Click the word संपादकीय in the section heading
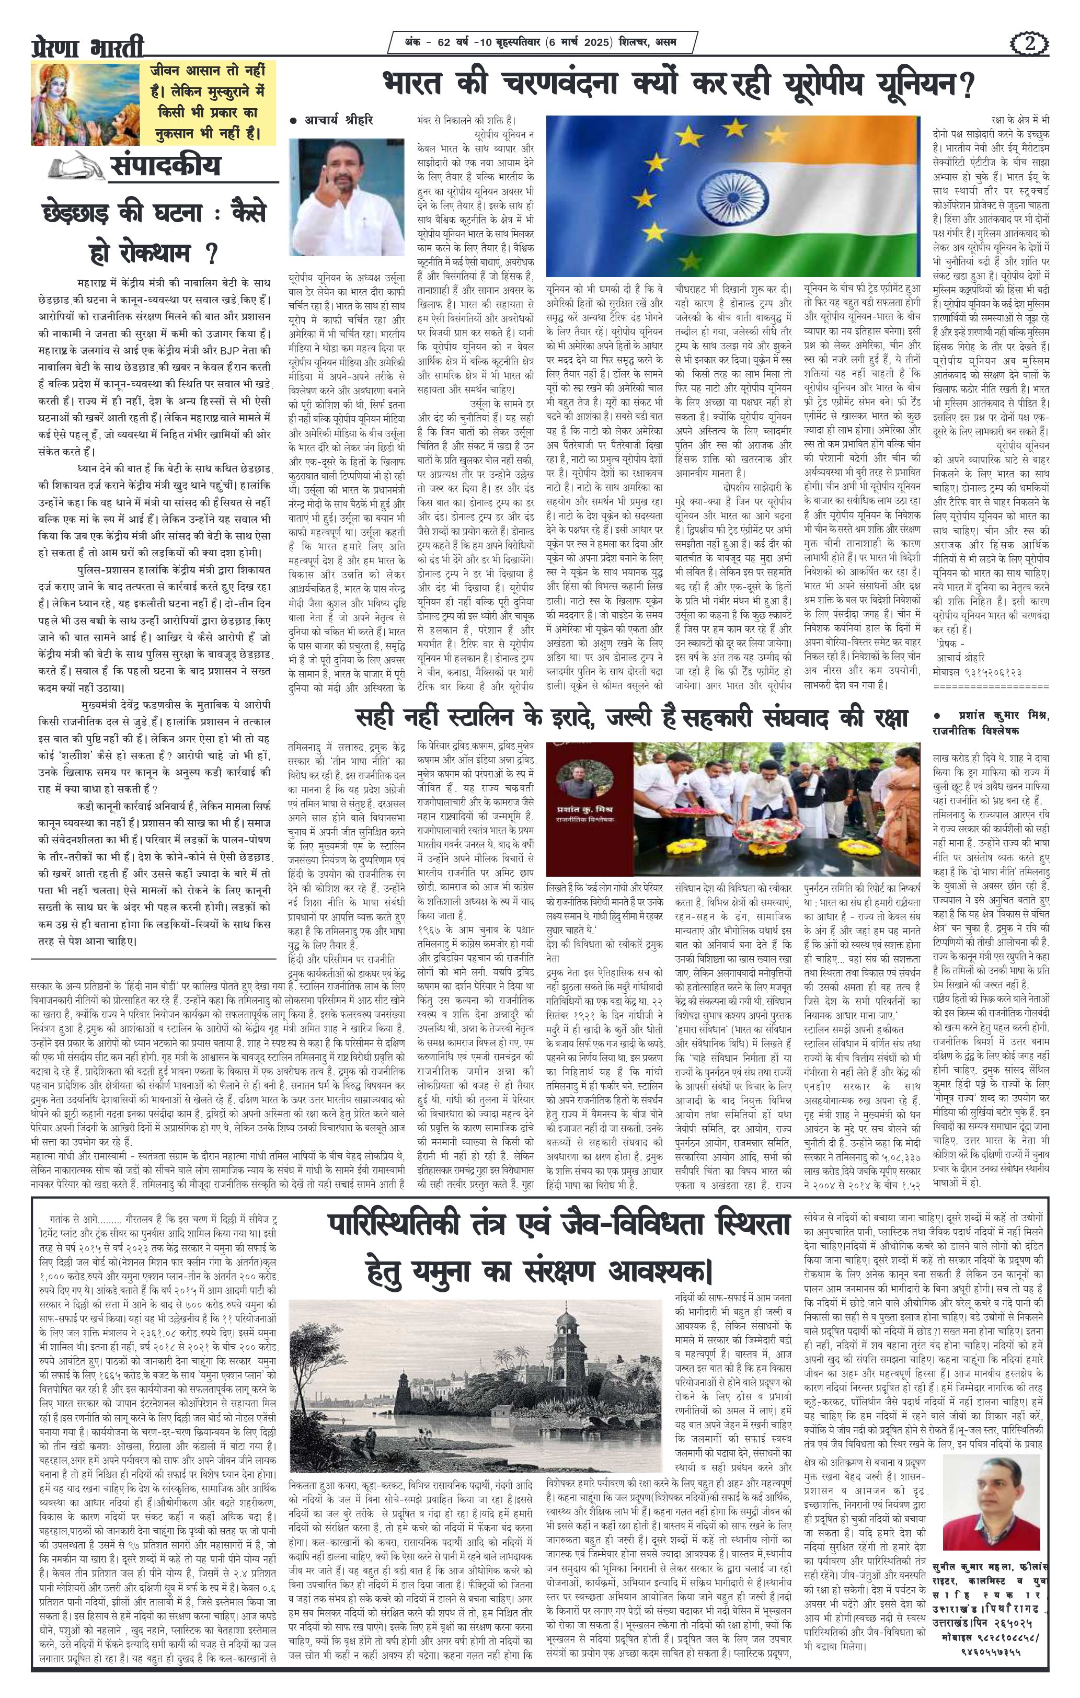(x=165, y=166)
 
